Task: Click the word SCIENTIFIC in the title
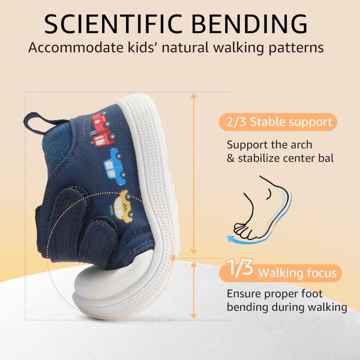[113, 24]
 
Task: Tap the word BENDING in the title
[250, 24]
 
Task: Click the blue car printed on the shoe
[115, 166]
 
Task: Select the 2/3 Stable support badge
[278, 122]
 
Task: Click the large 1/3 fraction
[240, 267]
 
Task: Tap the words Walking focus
[297, 273]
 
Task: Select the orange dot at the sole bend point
[173, 258]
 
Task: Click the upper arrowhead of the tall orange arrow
[194, 96]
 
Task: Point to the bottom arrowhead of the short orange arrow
[194, 316]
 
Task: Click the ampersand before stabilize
[230, 158]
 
